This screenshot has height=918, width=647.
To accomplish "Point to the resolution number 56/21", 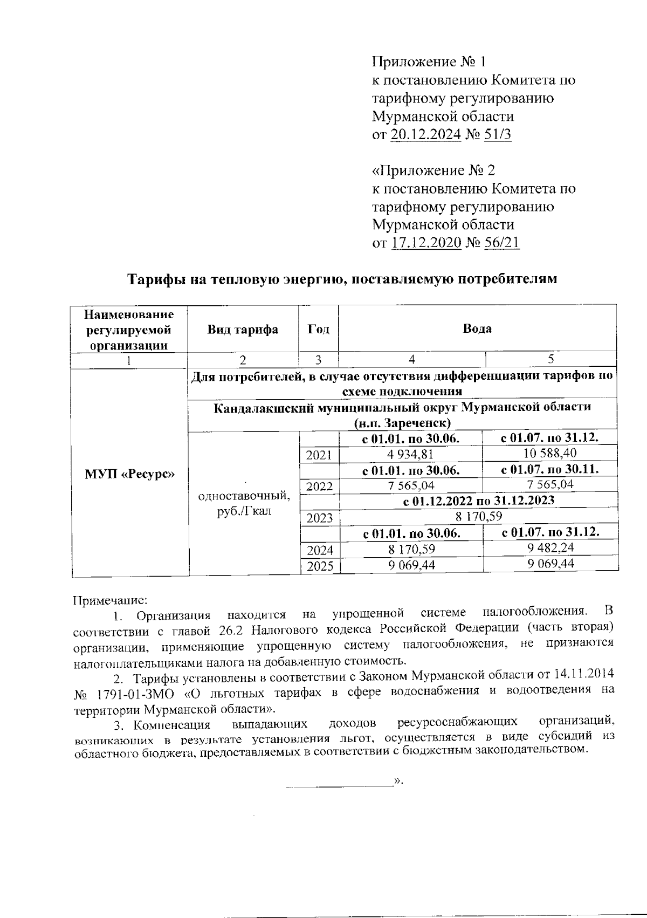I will pyautogui.click(x=501, y=243).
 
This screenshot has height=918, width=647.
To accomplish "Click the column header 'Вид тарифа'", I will pyautogui.click(x=243, y=330).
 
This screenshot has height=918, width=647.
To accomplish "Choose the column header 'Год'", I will pyautogui.click(x=318, y=330).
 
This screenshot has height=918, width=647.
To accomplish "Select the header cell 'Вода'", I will pyautogui.click(x=477, y=328).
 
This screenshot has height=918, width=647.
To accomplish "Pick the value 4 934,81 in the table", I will pyautogui.click(x=411, y=455).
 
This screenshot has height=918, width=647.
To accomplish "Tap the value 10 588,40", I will pyautogui.click(x=550, y=453).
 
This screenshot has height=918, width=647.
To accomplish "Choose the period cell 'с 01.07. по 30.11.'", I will pyautogui.click(x=550, y=469).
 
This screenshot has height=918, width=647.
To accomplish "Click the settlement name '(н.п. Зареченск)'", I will pyautogui.click(x=402, y=423).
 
